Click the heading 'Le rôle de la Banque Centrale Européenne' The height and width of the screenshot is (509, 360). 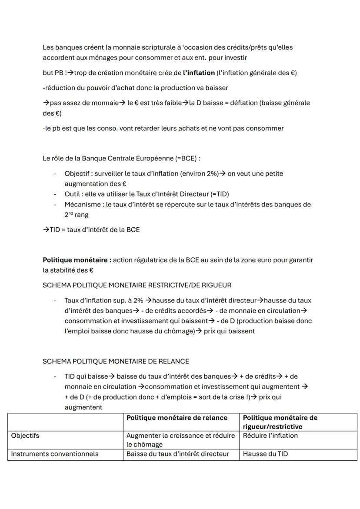tap(121, 159)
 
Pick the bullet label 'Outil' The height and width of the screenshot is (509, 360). tap(73, 194)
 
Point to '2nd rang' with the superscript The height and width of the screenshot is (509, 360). tap(76, 215)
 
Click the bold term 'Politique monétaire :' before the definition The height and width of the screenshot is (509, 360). tap(77, 260)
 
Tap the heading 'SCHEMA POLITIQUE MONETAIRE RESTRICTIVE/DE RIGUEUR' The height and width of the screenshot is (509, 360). tap(137, 285)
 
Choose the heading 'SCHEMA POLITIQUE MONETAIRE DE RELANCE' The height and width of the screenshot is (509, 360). tap(116, 361)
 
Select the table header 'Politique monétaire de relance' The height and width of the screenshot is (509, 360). tap(177, 418)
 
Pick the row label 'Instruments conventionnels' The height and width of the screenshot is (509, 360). tap(55, 454)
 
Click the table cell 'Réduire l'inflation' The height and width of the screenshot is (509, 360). tap(270, 436)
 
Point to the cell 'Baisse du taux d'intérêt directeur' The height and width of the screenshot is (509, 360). tap(177, 454)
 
